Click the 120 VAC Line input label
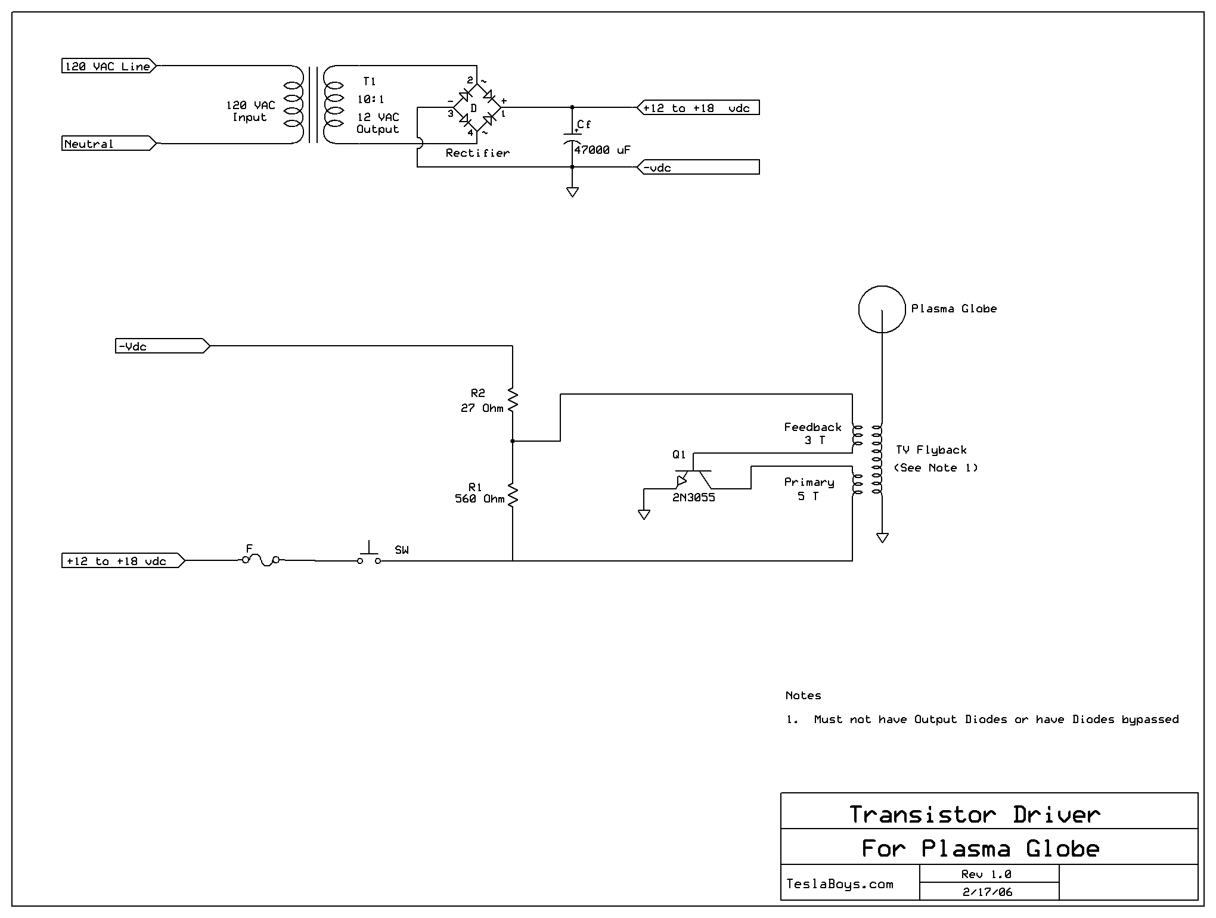(109, 66)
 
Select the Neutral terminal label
(109, 144)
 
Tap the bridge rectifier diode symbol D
(477, 108)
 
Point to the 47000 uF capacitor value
(602, 150)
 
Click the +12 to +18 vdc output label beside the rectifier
(698, 108)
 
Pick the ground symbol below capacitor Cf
(572, 192)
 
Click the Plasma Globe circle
(882, 309)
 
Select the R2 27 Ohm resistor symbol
(513, 399)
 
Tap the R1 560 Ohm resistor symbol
(513, 495)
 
